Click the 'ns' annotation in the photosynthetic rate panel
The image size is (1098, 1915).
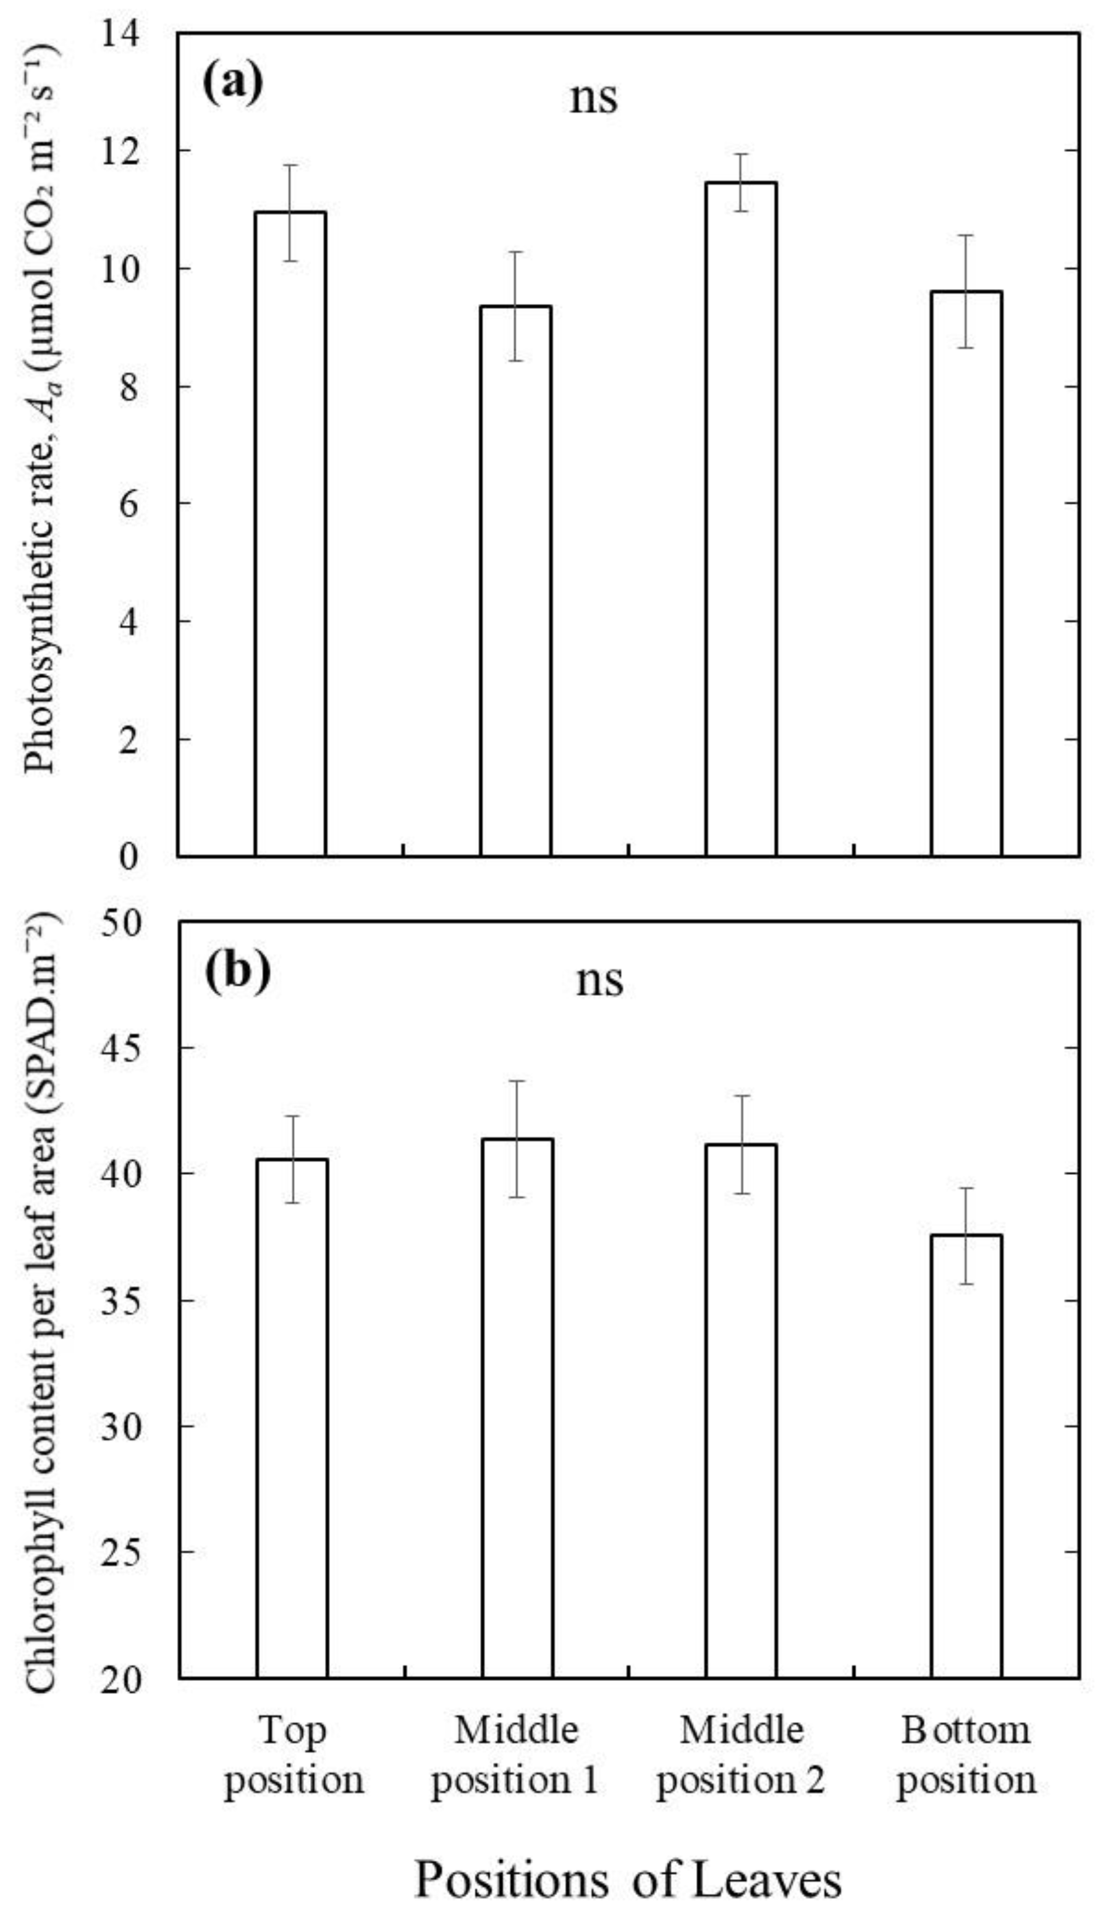(594, 98)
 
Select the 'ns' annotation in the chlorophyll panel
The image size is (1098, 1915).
(599, 980)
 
